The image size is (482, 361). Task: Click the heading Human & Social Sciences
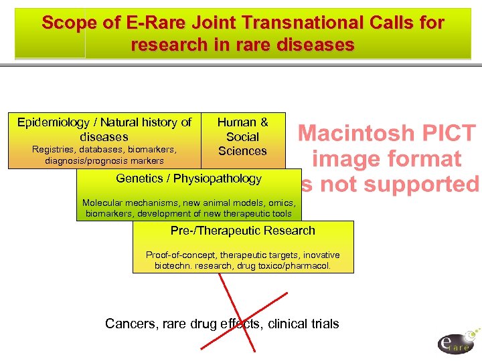[x=242, y=136]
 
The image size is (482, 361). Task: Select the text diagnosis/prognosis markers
[x=104, y=160]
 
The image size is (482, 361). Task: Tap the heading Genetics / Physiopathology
[x=188, y=178]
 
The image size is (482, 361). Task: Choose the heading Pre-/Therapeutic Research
[x=242, y=231]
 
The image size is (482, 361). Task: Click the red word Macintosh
[x=356, y=134]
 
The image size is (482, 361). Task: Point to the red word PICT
[x=447, y=134]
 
